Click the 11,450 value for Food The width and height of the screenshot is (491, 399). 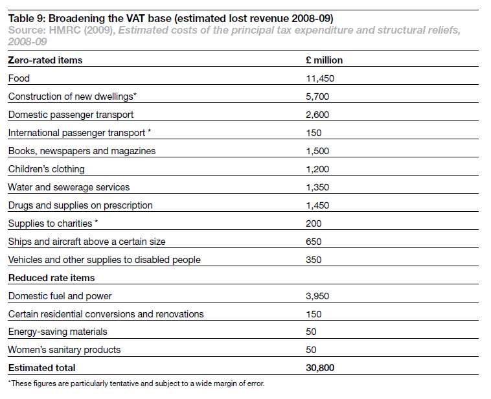click(319, 78)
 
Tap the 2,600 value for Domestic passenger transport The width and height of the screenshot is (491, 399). click(317, 115)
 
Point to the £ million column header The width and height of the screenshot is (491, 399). click(324, 60)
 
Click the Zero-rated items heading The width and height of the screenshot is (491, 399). click(45, 60)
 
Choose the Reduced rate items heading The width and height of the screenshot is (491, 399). click(51, 278)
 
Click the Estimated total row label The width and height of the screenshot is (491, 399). click(41, 368)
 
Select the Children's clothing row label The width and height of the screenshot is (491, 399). click(46, 169)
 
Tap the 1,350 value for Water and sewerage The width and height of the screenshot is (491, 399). click(317, 187)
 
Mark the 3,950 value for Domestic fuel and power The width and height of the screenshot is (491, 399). click(317, 296)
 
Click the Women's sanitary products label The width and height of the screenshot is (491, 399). click(64, 350)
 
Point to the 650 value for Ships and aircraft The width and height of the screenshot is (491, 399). click(313, 242)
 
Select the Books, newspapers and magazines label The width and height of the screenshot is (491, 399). click(82, 151)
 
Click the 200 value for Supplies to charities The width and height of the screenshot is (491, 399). click(313, 223)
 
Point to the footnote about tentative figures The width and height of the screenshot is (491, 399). click(136, 383)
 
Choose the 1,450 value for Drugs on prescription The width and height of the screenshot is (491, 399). click(317, 205)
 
